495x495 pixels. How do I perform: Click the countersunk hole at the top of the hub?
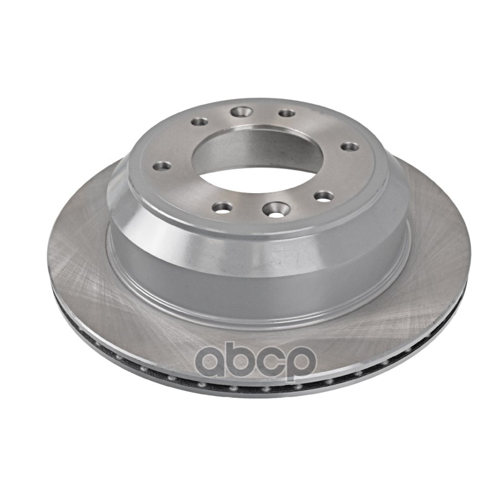coord(242,111)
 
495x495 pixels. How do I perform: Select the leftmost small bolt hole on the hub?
coord(161,165)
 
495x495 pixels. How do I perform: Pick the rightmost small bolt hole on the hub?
coord(350,147)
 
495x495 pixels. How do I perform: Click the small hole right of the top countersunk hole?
coord(286,113)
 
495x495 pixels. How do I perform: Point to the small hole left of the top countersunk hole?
coord(199,121)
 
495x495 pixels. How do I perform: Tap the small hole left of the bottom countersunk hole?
coord(222,207)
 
